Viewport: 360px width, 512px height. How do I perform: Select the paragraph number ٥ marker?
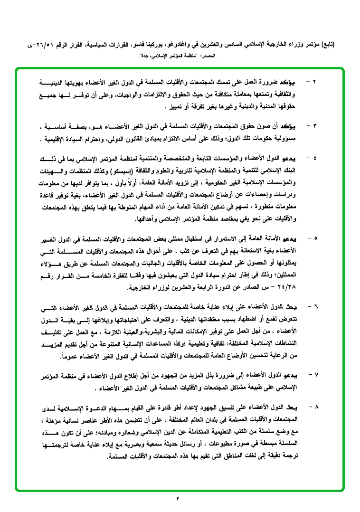coord(315,237)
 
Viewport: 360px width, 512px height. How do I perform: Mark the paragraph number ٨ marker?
coord(315,408)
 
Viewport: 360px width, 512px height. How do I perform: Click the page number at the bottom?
coord(179,498)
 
